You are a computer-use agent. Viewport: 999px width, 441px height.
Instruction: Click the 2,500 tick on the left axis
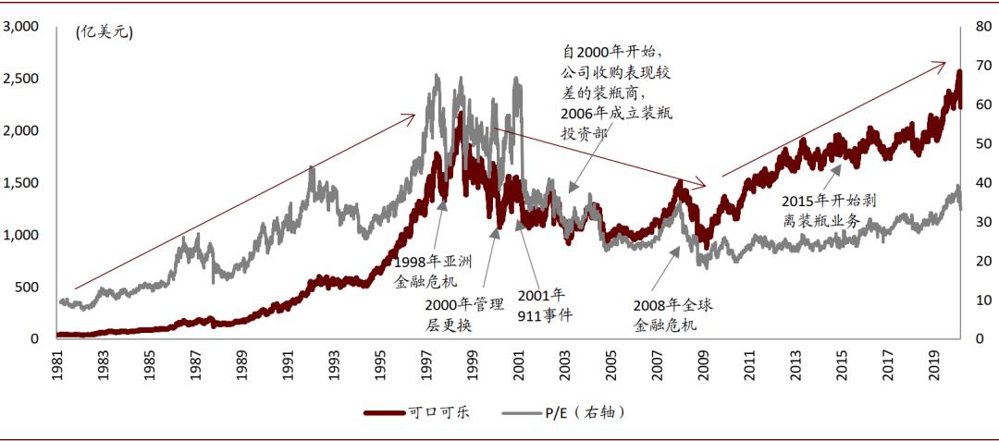tap(19, 79)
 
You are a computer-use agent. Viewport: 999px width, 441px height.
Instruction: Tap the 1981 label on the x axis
tap(58, 362)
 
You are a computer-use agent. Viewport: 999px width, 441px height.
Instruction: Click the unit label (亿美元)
tap(105, 33)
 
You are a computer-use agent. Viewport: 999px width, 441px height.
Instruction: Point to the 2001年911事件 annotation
tap(543, 305)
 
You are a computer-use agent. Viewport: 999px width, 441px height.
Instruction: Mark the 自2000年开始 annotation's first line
tap(613, 52)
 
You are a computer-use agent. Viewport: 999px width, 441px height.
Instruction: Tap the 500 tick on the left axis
tap(24, 287)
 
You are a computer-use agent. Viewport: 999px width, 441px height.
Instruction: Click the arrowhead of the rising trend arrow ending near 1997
tap(413, 116)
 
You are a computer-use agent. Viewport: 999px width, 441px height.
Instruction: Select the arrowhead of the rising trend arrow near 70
tap(943, 64)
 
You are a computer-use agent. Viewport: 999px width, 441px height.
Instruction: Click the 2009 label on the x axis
tap(707, 362)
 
